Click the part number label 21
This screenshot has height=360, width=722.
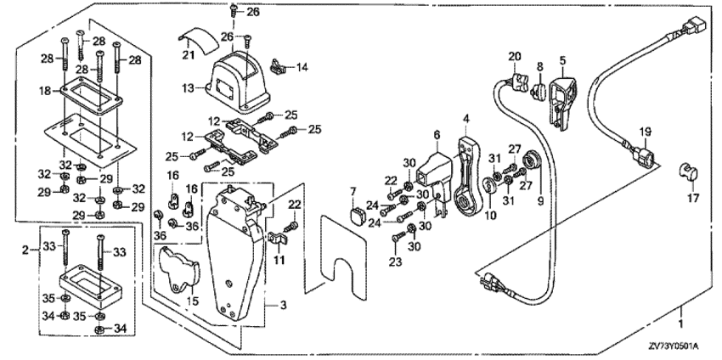[x=189, y=55]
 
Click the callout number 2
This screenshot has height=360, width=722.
[x=25, y=249]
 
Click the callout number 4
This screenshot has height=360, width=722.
[x=466, y=116]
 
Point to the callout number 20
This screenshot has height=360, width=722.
[x=513, y=56]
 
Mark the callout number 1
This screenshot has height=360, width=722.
[x=680, y=323]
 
